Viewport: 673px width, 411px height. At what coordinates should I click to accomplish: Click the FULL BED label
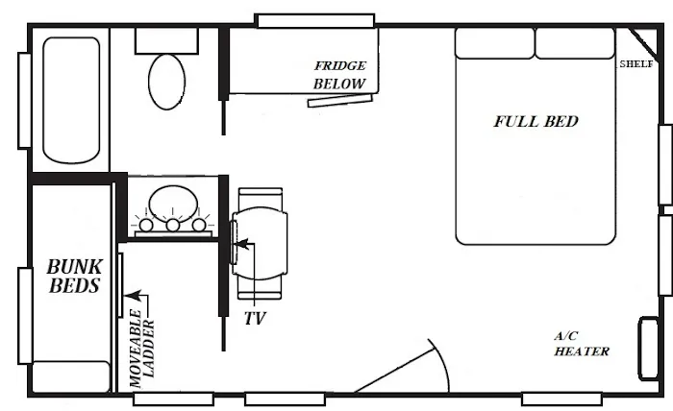tap(536, 121)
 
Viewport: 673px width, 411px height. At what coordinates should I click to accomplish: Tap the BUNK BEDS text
tap(74, 276)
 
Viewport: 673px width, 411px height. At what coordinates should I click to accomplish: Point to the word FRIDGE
tap(340, 65)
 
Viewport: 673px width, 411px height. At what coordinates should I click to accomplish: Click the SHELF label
tap(636, 64)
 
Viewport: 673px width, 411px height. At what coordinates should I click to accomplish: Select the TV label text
tap(255, 319)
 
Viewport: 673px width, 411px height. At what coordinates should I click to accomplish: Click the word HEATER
tap(582, 351)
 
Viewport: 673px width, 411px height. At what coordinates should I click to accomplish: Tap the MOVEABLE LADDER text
tap(142, 348)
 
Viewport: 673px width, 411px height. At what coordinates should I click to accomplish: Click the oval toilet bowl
tap(167, 82)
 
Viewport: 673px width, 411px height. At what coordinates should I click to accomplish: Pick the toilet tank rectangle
tap(167, 41)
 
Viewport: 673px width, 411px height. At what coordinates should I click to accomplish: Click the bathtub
tap(71, 100)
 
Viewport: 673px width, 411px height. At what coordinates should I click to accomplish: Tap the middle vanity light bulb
tap(173, 225)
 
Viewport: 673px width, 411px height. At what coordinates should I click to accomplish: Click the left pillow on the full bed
tap(494, 43)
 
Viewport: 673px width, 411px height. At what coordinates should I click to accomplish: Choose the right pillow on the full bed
tap(575, 43)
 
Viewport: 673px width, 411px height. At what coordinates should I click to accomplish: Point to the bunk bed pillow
tap(71, 376)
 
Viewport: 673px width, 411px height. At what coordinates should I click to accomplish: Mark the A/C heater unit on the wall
tap(649, 349)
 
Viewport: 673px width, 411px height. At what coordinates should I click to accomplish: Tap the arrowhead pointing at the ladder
tap(134, 295)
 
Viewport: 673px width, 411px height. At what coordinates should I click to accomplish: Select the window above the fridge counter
tap(314, 20)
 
